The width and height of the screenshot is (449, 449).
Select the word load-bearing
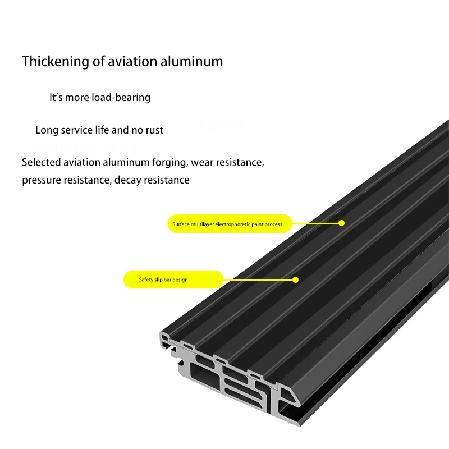coord(122,98)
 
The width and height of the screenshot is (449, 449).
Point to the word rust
coord(154,130)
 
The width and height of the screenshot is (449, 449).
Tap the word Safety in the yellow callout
coord(146,280)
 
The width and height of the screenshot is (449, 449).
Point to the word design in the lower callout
coord(180,280)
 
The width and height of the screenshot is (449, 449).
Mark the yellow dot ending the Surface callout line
coord(341,223)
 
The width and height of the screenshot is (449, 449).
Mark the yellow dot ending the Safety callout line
coord(296,279)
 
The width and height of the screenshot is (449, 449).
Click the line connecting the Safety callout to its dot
coord(258,279)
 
